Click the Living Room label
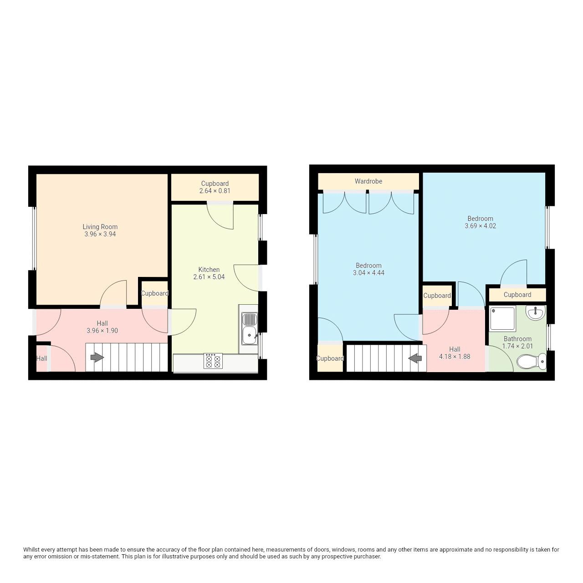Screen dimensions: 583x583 100,227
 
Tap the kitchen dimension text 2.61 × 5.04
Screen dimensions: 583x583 209,277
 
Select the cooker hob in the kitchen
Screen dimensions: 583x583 213,360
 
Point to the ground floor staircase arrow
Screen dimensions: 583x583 97,358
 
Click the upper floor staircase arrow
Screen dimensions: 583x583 415,358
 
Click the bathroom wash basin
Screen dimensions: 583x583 535,313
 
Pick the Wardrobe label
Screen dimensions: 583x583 368,181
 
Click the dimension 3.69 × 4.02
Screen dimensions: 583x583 480,226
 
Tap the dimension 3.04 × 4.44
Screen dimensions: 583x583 368,273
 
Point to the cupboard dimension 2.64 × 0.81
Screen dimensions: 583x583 215,191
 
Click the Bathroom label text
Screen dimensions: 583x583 517,339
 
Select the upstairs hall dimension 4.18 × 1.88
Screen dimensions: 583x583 455,357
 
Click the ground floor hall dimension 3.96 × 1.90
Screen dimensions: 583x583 102,331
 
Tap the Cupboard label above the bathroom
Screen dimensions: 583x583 517,295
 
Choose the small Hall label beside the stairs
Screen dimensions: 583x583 41,358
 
